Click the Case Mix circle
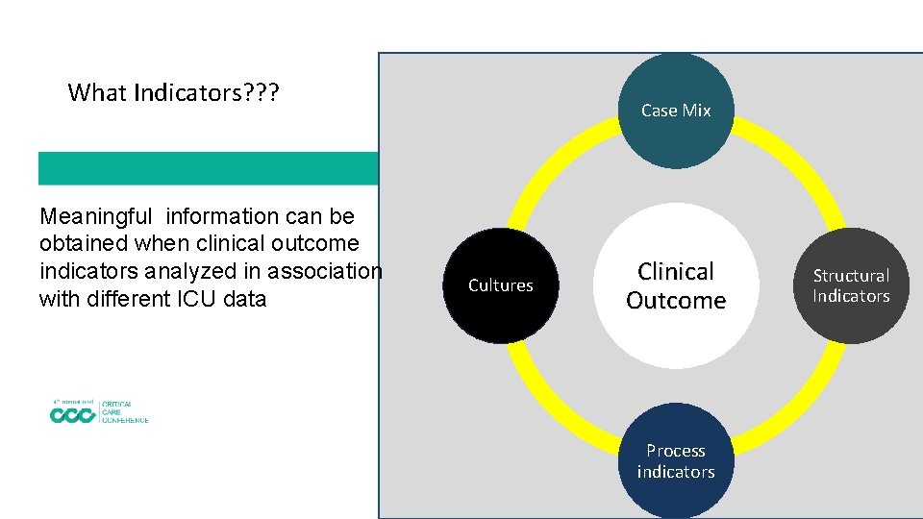coord(676,110)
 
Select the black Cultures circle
coord(500,285)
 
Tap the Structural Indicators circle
coord(851,285)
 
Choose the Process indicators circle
coord(676,461)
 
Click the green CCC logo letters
coord(73,415)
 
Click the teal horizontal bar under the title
coord(208,168)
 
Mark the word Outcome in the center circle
coord(676,301)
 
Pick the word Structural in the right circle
coord(851,276)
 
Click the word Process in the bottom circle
coord(676,451)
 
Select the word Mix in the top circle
coord(697,111)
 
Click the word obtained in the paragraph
coord(83,244)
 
